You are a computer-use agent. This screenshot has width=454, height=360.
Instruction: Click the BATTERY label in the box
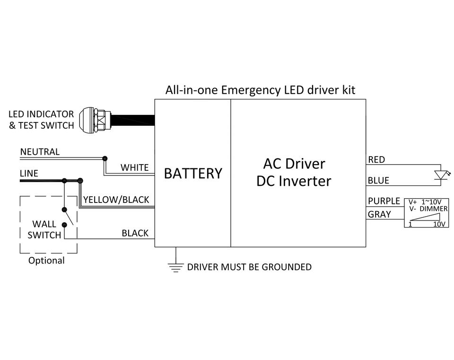click(193, 174)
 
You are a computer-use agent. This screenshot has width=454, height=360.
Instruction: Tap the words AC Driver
click(294, 164)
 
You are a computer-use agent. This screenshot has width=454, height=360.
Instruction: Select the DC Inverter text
click(294, 181)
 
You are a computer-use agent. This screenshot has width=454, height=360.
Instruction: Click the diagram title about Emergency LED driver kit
click(260, 90)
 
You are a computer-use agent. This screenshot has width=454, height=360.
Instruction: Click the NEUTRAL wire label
click(40, 152)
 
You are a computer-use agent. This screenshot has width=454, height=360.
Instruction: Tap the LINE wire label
click(29, 174)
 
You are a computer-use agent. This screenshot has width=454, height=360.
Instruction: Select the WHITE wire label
click(134, 167)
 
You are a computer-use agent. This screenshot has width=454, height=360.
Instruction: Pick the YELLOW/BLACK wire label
click(116, 200)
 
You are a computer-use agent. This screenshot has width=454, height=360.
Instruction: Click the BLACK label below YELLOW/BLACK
click(135, 233)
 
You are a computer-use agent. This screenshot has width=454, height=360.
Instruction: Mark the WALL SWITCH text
click(44, 229)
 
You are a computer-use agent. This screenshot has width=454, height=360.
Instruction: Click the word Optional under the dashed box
click(46, 261)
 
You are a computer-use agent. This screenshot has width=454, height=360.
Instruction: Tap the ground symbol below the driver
click(175, 267)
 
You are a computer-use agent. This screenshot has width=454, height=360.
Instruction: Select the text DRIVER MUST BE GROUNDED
click(249, 267)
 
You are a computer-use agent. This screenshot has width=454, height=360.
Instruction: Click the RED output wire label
click(376, 160)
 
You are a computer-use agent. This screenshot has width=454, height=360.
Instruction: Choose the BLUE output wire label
click(378, 180)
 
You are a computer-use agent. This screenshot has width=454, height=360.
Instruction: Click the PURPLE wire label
click(384, 201)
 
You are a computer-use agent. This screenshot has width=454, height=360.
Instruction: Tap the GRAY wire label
click(380, 214)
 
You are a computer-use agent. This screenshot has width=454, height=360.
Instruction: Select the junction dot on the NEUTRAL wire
click(105, 158)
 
